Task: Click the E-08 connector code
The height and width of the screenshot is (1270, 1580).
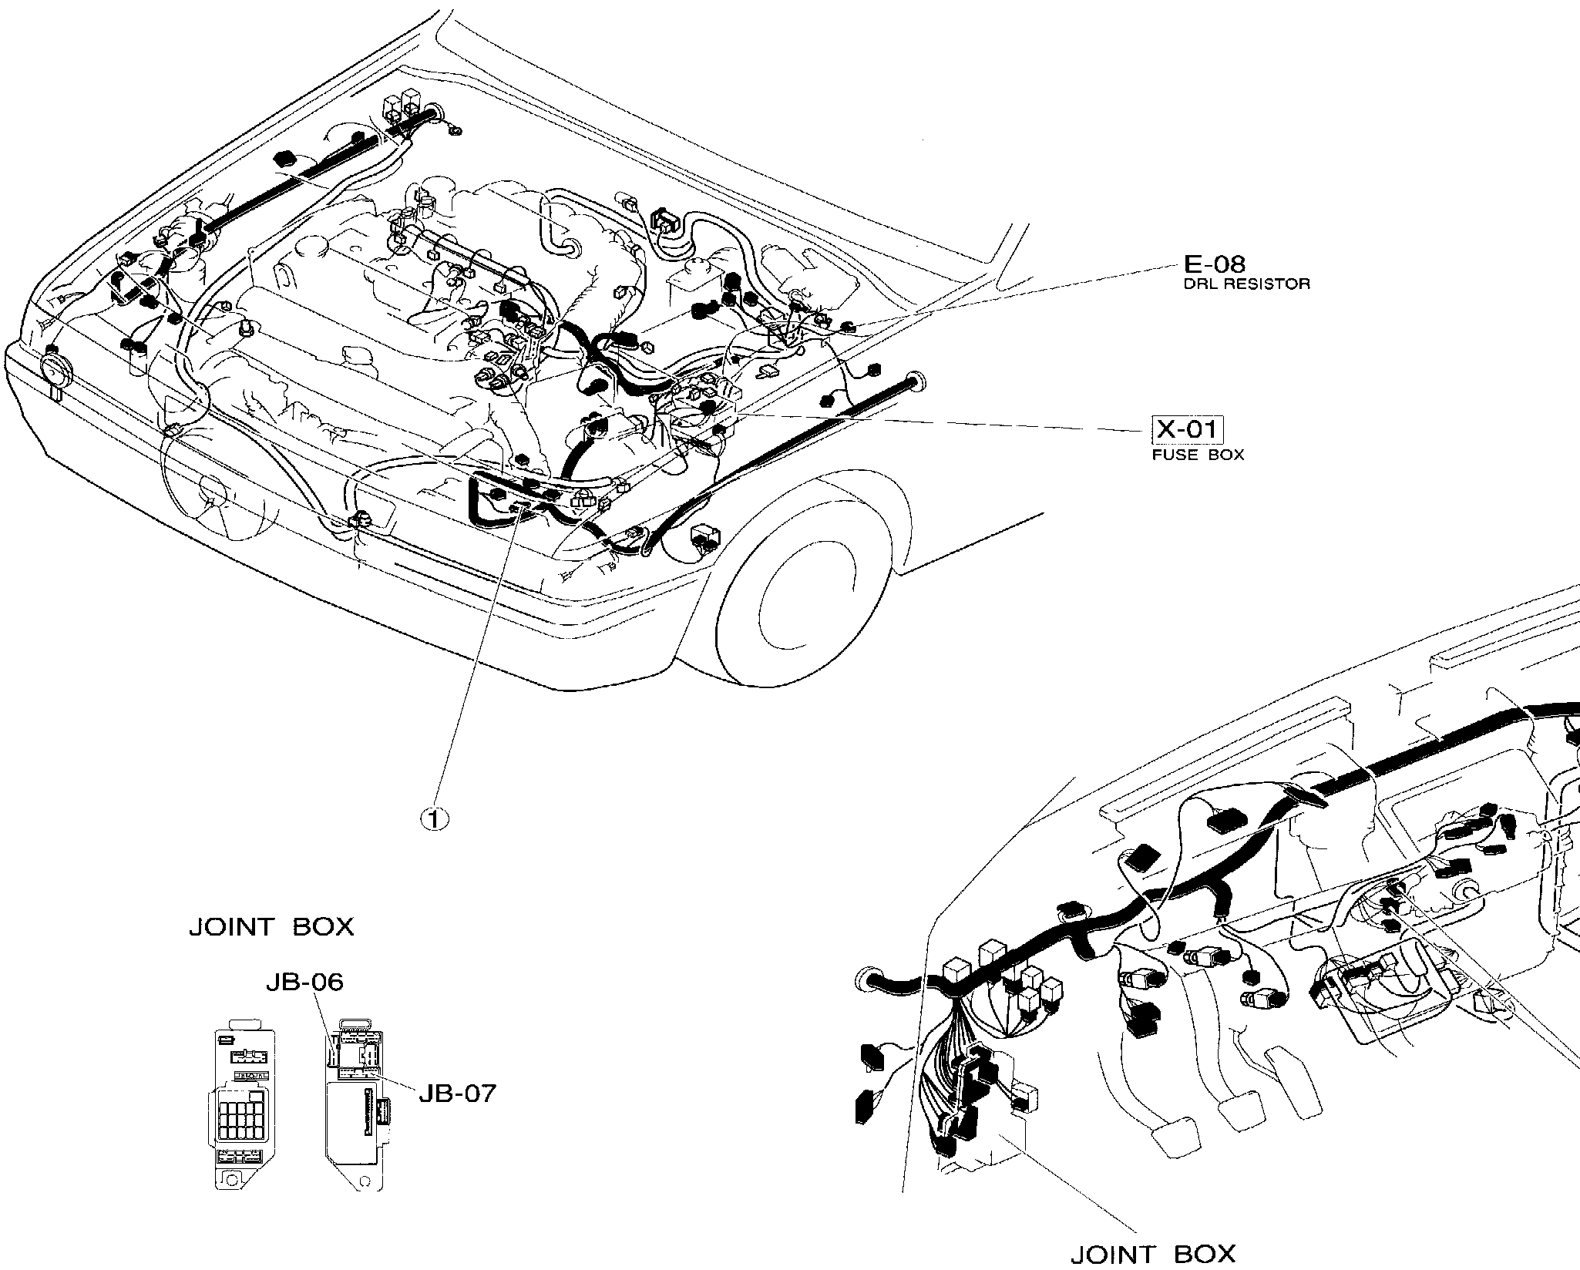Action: click(1214, 264)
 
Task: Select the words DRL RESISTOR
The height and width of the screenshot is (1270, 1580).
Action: click(1246, 284)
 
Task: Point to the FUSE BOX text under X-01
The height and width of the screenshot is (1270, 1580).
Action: click(1198, 455)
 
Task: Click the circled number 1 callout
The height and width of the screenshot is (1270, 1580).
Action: click(434, 819)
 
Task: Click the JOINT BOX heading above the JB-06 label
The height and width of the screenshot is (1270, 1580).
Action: click(271, 926)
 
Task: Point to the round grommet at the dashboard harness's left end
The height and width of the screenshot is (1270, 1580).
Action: click(866, 980)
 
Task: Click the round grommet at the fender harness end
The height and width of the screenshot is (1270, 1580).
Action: click(918, 378)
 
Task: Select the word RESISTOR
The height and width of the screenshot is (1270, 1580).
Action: click(1274, 284)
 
